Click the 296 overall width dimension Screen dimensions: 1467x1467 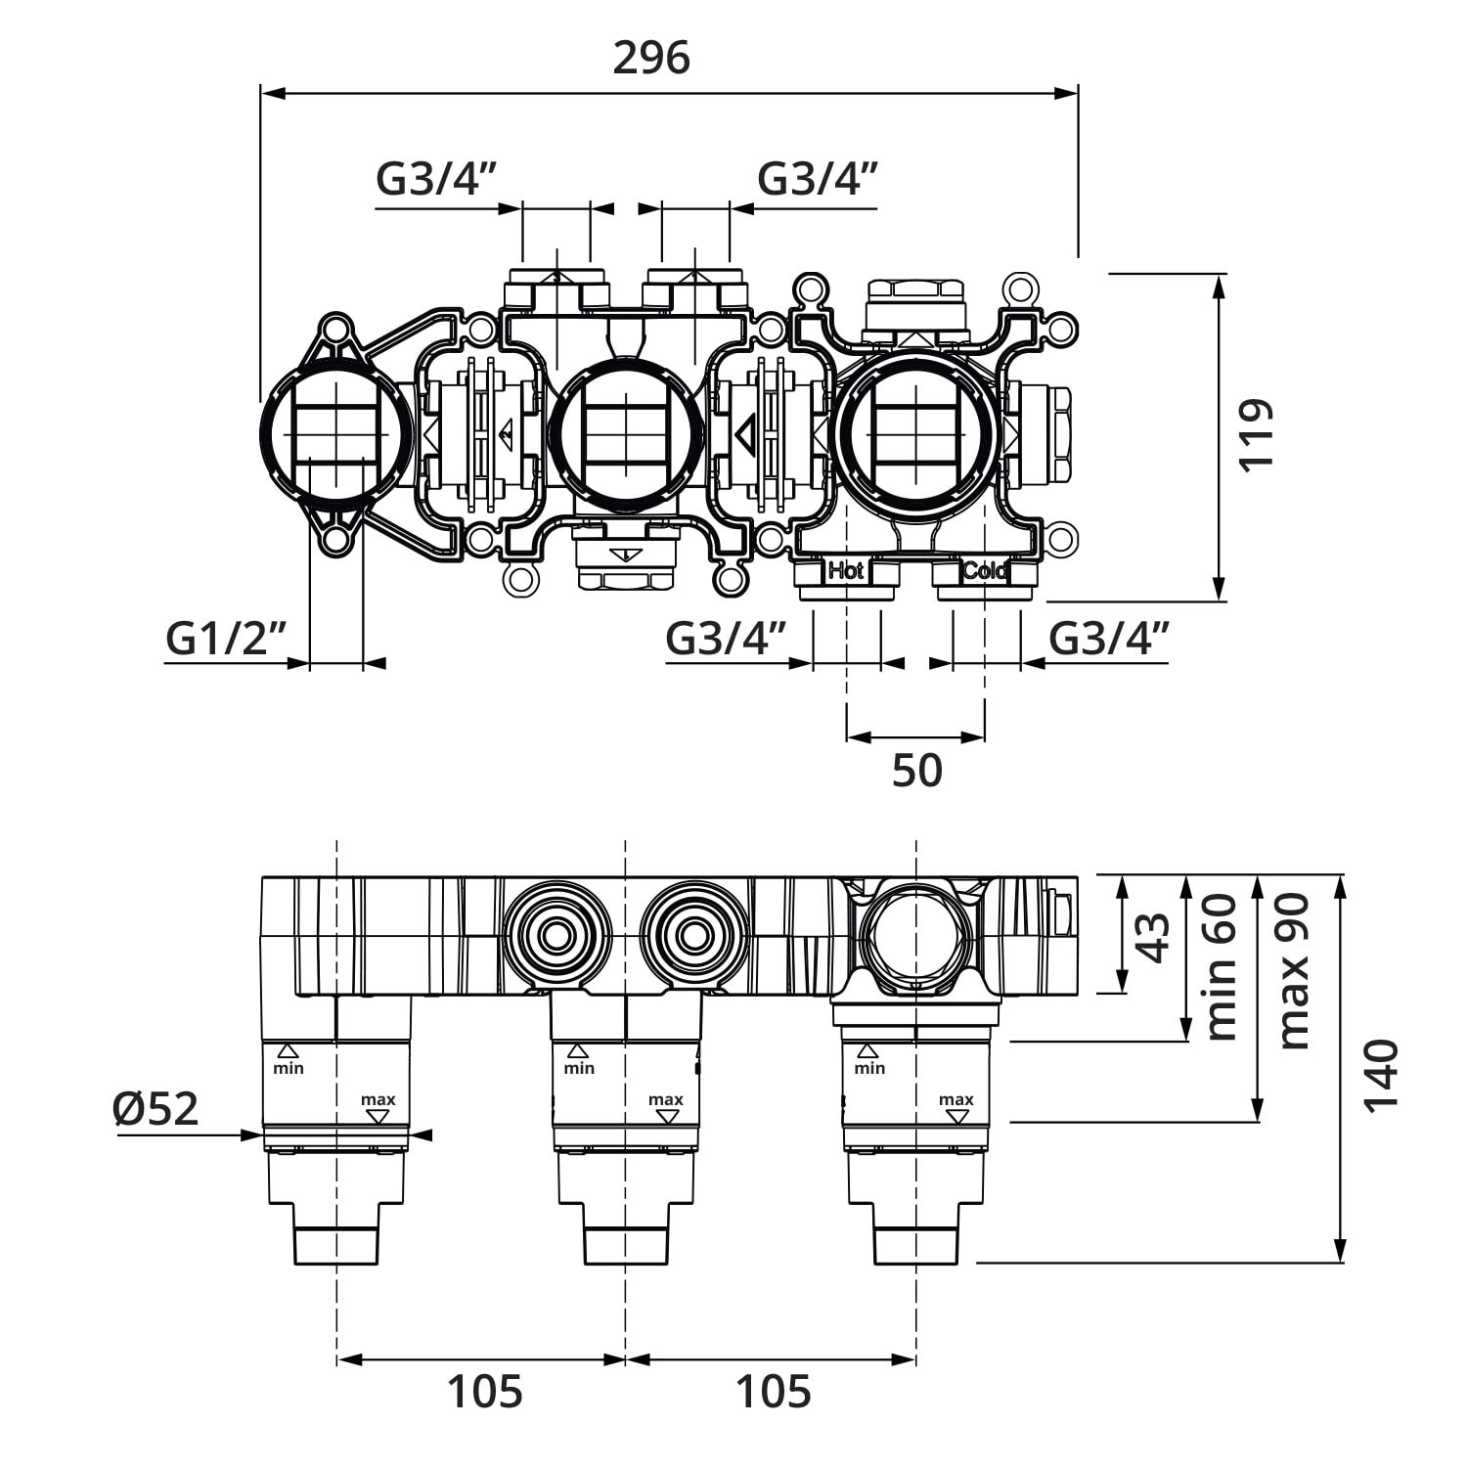point(651,60)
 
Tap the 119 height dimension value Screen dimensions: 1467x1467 point(1258,434)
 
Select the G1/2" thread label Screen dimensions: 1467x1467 point(226,640)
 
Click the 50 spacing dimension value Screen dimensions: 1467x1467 point(916,771)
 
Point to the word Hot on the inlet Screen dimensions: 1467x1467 point(845,570)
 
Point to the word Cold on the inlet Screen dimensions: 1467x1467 point(984,570)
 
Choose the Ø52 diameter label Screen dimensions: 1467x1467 point(156,1109)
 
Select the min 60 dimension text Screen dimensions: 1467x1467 point(1222,967)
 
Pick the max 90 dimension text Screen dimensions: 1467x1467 point(1293,971)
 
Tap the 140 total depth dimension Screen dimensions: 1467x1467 point(1381,1074)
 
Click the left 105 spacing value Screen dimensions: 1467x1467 point(485,1391)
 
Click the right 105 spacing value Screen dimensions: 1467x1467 point(774,1391)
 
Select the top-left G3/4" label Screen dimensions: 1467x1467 point(437,179)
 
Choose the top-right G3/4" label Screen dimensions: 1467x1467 point(818,179)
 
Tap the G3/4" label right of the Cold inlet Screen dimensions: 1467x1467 point(1109,640)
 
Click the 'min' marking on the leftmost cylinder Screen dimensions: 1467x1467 point(289,1068)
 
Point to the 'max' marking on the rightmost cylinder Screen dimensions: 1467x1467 point(956,1100)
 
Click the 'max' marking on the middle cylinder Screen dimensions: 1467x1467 point(666,1100)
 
